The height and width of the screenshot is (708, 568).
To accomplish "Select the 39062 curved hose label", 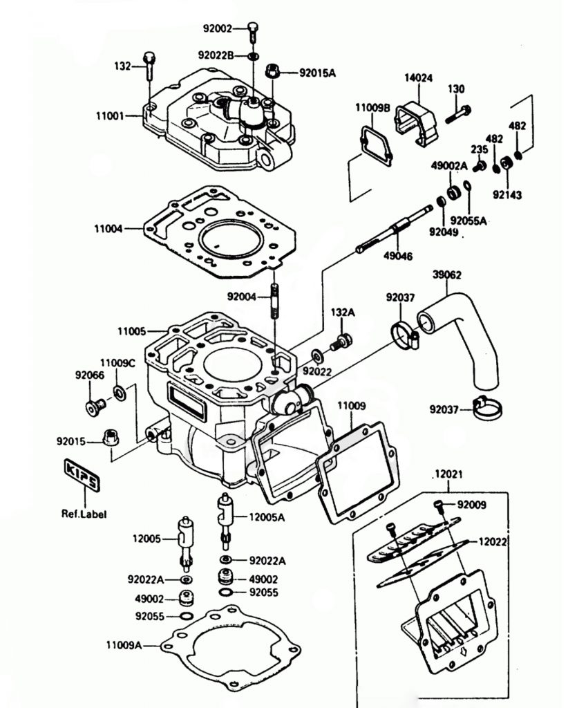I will tap(447, 274).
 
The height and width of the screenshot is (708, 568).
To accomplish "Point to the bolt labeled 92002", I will tap(254, 29).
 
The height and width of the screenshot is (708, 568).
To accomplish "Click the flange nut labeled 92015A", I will tap(272, 72).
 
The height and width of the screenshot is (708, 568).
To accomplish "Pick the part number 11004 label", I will tap(111, 227).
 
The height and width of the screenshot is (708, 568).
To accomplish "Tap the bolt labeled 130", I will tap(457, 112).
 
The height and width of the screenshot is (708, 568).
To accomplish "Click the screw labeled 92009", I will tap(440, 505).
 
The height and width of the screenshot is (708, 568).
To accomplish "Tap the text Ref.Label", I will tap(84, 514).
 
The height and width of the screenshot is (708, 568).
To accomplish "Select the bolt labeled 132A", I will tap(342, 340).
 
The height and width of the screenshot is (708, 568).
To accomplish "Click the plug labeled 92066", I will tap(93, 407).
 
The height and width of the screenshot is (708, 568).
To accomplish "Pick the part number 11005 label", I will tap(131, 332).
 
